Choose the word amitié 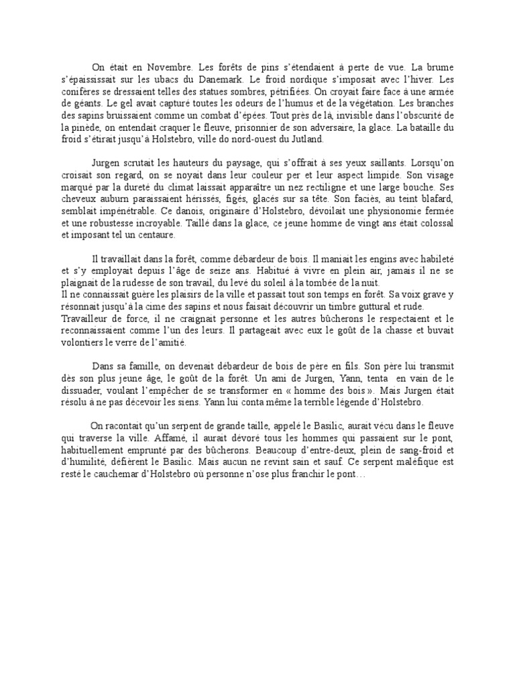coord(168,343)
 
